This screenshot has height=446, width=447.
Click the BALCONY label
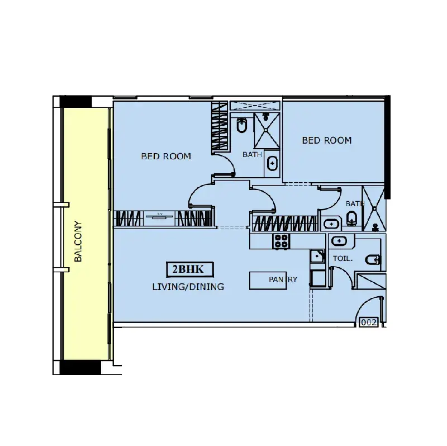[x=78, y=241]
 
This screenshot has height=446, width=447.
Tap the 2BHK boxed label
[x=190, y=269]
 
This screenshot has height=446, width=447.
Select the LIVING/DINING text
[x=188, y=287]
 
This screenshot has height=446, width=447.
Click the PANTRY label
[x=283, y=279]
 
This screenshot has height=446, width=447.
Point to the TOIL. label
[x=343, y=259]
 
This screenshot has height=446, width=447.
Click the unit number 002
[x=369, y=322]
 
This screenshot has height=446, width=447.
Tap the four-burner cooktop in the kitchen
[x=282, y=241]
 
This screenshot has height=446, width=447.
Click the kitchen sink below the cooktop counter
[x=317, y=256]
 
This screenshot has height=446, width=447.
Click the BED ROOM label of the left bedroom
[x=166, y=156]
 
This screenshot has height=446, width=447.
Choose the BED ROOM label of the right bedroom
[x=327, y=140]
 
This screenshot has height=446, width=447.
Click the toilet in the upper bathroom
[x=242, y=125]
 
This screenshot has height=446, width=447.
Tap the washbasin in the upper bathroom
[x=272, y=164]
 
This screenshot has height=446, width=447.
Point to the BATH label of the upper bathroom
[x=252, y=155]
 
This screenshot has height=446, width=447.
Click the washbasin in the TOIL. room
[x=339, y=241]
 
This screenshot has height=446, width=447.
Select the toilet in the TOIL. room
[x=373, y=260]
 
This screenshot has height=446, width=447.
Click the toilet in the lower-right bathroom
[x=352, y=219]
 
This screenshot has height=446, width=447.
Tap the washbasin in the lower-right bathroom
[x=331, y=224]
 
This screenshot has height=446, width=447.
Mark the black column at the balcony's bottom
[x=80, y=367]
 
